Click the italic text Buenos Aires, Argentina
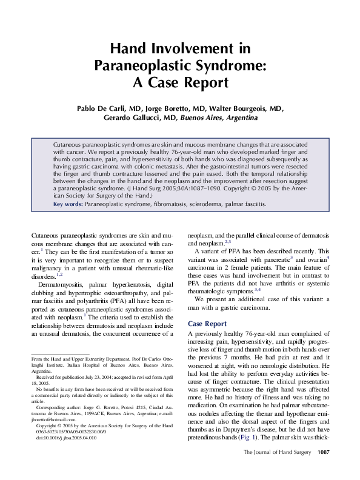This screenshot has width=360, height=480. pos(219,118)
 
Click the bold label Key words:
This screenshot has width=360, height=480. pos(68,205)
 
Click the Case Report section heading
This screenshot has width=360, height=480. pos(207,324)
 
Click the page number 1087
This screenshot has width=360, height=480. pos(324,469)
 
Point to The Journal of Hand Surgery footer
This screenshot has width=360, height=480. pos(276,469)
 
